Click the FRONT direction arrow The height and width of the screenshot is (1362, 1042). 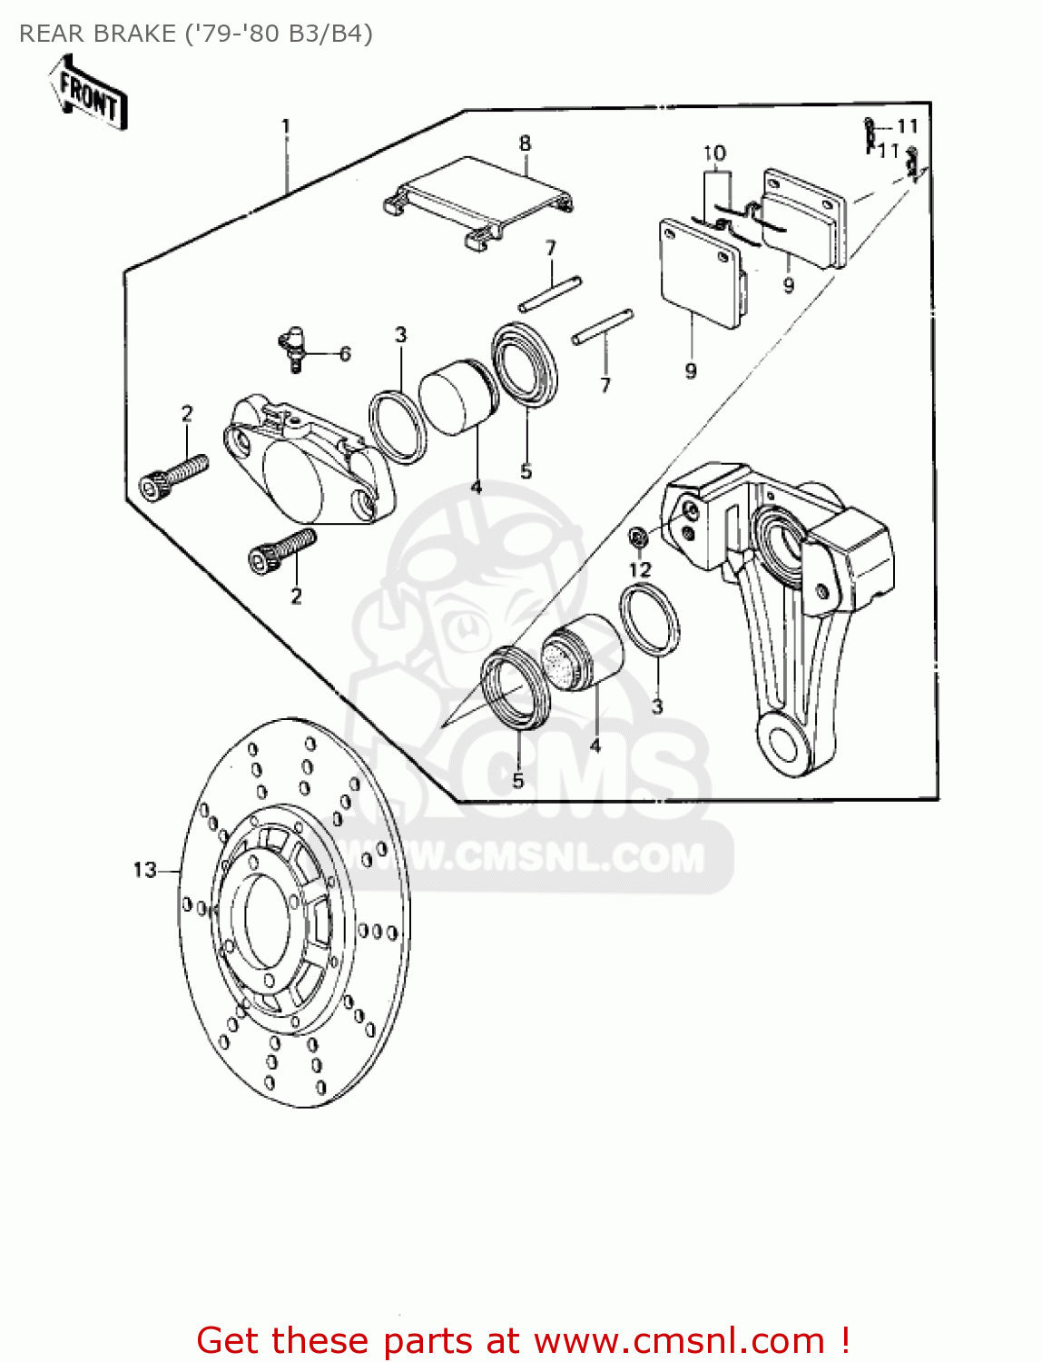click(88, 94)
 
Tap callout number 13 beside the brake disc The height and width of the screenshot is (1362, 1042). click(145, 870)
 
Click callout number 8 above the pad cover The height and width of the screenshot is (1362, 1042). click(525, 143)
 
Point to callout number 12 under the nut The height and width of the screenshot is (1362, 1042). click(640, 569)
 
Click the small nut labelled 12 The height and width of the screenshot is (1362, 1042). click(638, 538)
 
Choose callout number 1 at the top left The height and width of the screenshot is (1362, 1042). click(286, 126)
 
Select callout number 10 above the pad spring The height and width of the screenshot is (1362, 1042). click(715, 153)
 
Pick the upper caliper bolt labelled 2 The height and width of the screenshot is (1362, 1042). click(174, 476)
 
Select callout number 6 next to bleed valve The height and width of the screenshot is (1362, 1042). click(345, 353)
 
